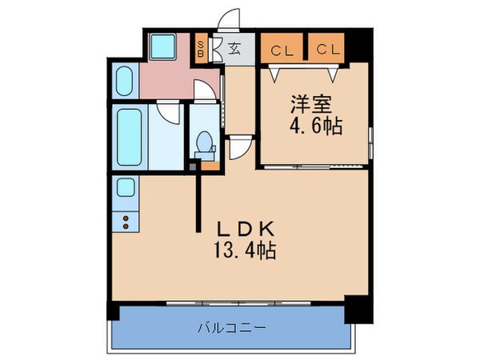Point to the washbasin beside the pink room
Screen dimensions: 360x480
125,81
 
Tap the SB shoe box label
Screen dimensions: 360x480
201,49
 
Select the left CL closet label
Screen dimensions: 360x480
280,50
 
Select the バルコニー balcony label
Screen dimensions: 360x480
231,328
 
